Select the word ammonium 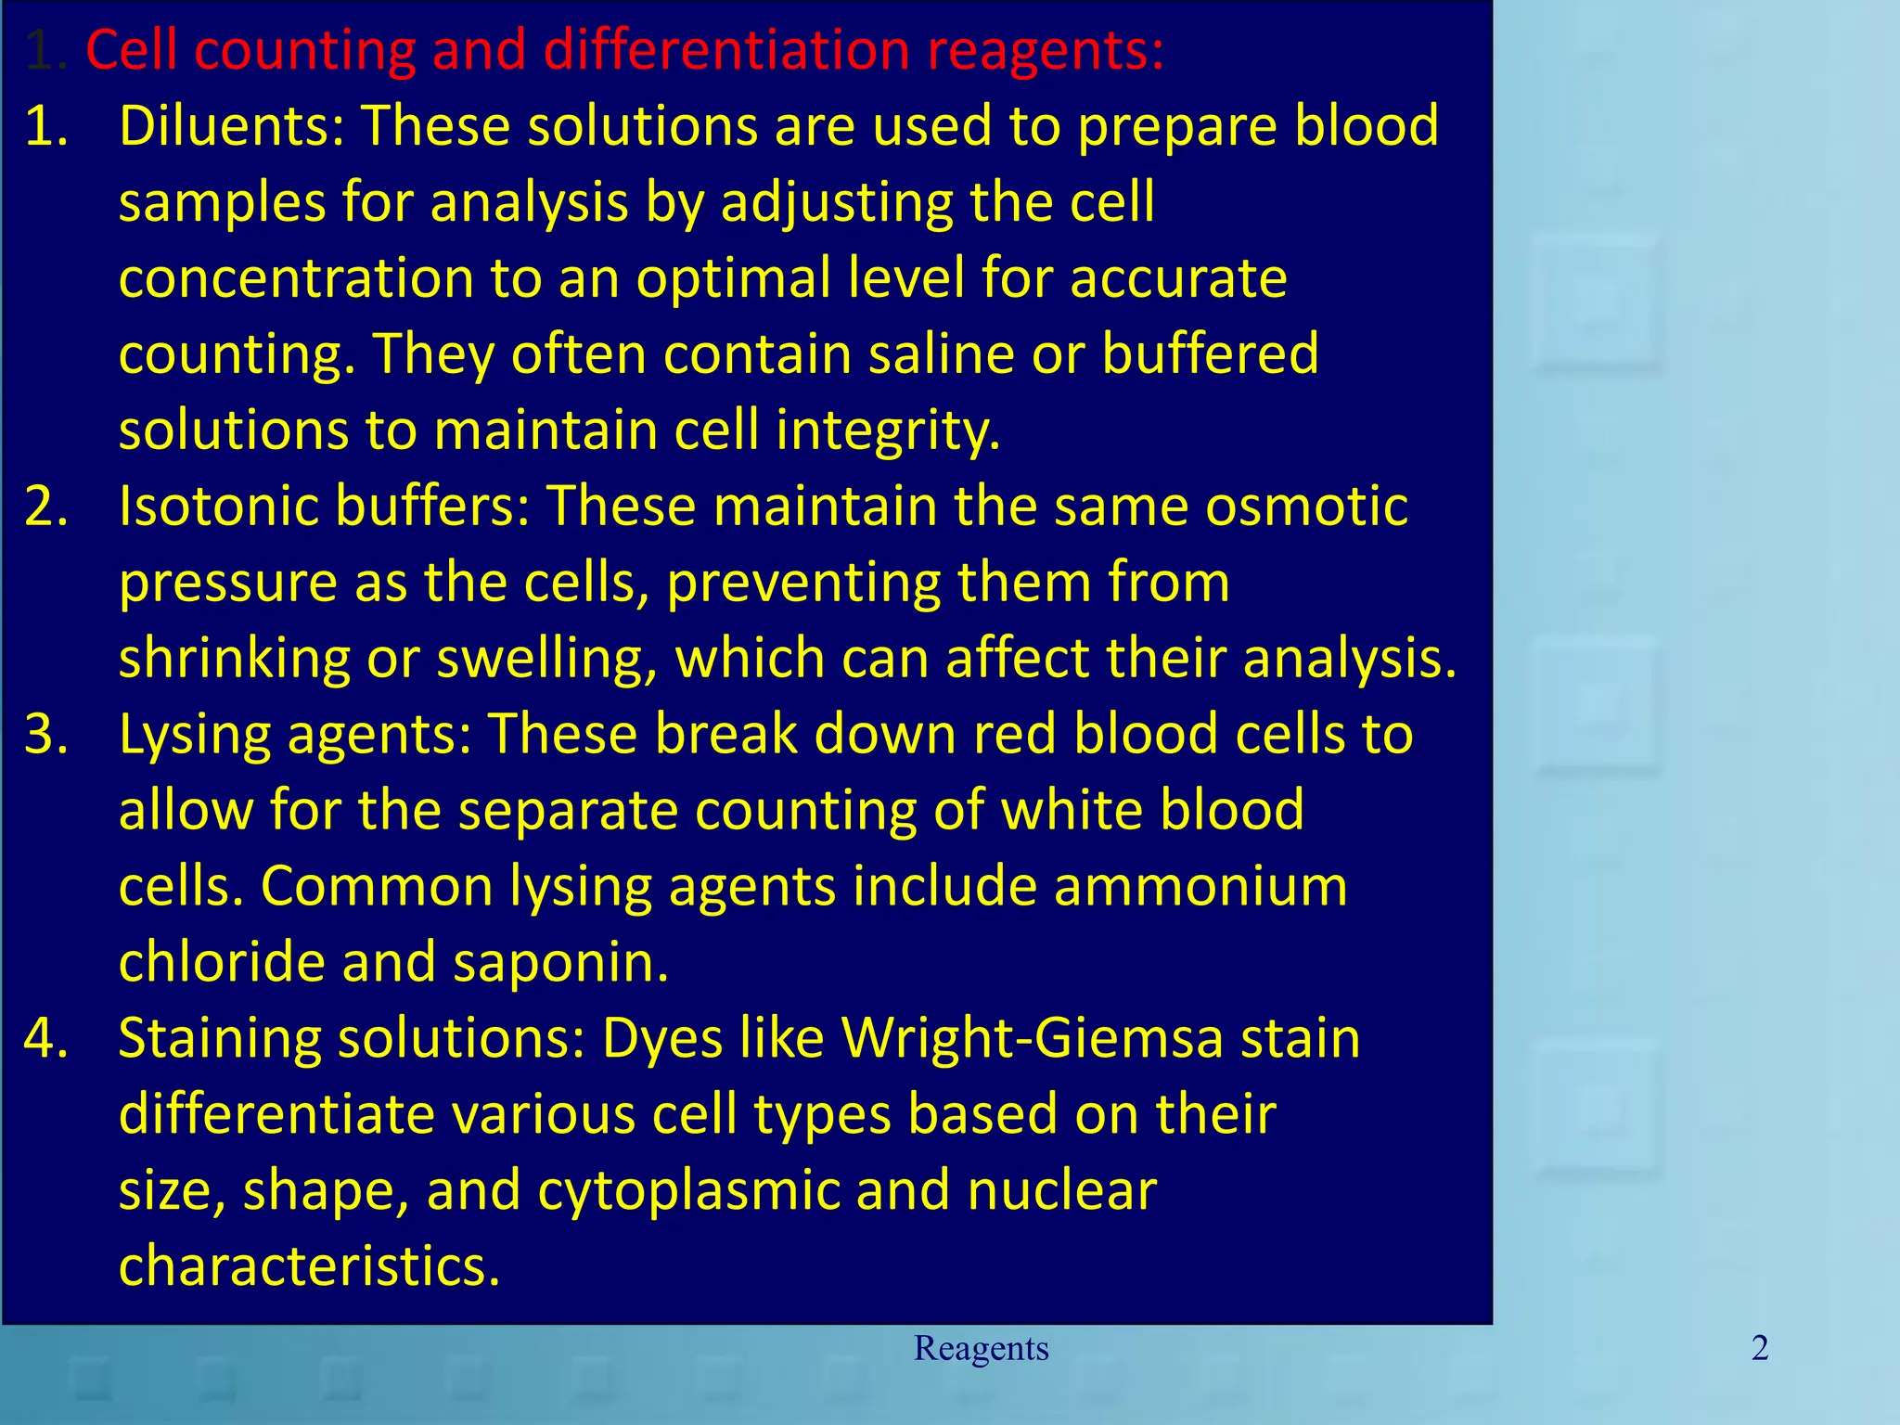tap(1200, 886)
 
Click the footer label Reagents tap(981, 1348)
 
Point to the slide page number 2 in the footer tap(1760, 1348)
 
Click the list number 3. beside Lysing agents tap(46, 735)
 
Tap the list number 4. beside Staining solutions tap(46, 1039)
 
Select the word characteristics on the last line tap(309, 1267)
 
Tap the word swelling tap(546, 660)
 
